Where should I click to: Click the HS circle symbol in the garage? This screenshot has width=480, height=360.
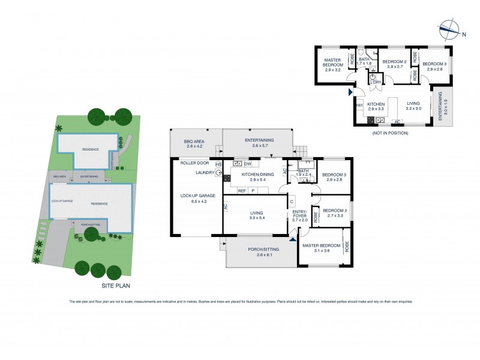218,164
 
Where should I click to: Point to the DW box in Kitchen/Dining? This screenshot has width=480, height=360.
247,164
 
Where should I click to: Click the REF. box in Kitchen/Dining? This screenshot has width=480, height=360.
242,191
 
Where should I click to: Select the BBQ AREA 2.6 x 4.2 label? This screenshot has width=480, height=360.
194,143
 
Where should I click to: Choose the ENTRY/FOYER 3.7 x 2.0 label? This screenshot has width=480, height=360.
299,216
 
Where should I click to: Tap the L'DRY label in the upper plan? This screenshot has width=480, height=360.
376,89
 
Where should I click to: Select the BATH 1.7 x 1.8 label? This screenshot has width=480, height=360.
364,61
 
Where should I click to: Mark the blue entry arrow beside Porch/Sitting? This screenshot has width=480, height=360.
293,239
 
